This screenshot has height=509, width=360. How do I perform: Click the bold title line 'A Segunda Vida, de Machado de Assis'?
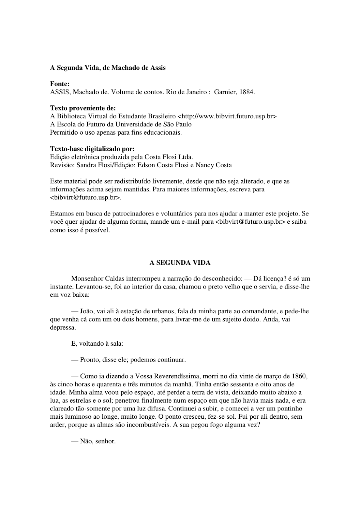[x=108, y=68]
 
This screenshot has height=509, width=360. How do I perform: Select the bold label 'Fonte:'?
[x=59, y=84]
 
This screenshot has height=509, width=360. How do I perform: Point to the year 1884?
[x=247, y=92]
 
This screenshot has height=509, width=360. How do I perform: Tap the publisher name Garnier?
[x=225, y=92]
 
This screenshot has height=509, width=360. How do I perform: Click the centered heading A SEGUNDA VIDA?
[x=180, y=263]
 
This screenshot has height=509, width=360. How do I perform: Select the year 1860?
[x=299, y=376]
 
